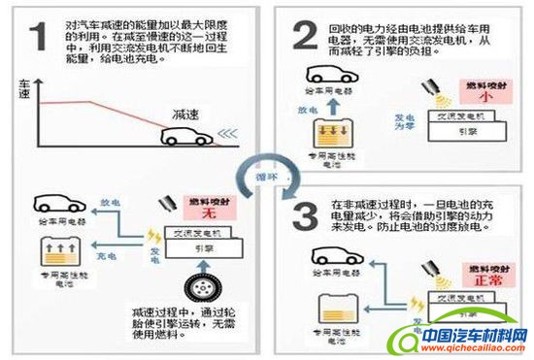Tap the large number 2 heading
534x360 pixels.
307,37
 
